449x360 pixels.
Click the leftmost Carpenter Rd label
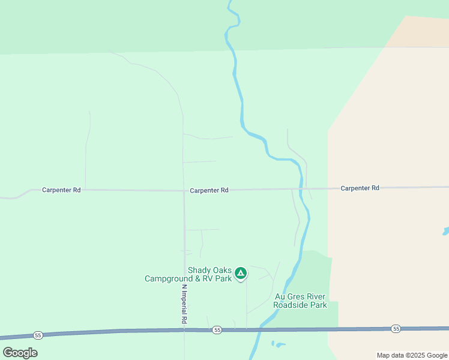click(x=61, y=190)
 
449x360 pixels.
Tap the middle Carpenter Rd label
click(x=209, y=190)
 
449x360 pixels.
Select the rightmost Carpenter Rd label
click(x=360, y=188)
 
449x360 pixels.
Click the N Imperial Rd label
click(x=184, y=304)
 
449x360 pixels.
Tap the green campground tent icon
click(x=241, y=274)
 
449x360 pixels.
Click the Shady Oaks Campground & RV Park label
click(x=188, y=274)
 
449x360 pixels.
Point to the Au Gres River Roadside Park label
click(x=300, y=301)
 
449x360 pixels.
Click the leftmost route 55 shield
click(x=38, y=335)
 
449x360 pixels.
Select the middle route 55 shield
click(x=217, y=330)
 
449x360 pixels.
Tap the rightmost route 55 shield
click(x=396, y=328)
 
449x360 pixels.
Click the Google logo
click(x=20, y=353)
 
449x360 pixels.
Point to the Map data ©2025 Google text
click(x=412, y=355)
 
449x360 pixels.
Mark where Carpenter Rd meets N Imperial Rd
click(x=184, y=191)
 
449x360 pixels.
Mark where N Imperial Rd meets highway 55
click(x=184, y=331)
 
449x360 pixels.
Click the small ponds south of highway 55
click(x=277, y=344)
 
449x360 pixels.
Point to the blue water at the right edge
click(x=445, y=231)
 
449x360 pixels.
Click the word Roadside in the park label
click(x=300, y=305)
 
